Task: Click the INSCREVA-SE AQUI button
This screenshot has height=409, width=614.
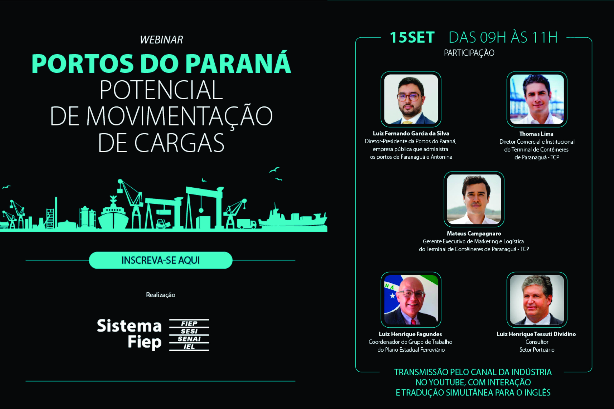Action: point(160,260)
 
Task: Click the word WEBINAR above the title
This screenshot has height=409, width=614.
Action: point(161,40)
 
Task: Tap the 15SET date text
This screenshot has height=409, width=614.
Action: point(412,37)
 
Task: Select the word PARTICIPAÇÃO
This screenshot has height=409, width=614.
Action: point(469,53)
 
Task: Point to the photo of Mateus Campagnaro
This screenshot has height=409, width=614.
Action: point(474,199)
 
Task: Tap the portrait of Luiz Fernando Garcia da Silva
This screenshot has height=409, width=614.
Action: point(411,99)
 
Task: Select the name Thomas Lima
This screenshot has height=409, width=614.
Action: point(536,134)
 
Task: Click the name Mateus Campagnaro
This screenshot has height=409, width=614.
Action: point(474,234)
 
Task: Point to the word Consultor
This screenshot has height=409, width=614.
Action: point(537,342)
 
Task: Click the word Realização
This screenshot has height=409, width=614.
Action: point(160,295)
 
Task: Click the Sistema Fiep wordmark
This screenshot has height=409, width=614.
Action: point(129,334)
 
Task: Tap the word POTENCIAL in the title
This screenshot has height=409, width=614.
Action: point(161,90)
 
